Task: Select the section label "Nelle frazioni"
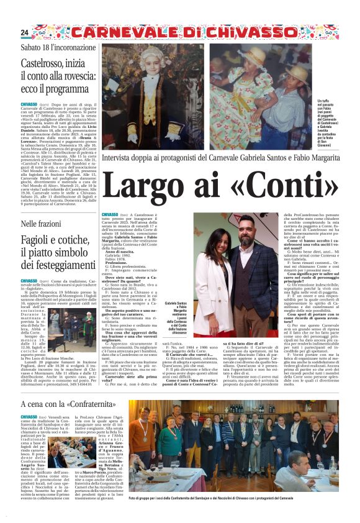point(42,223)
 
